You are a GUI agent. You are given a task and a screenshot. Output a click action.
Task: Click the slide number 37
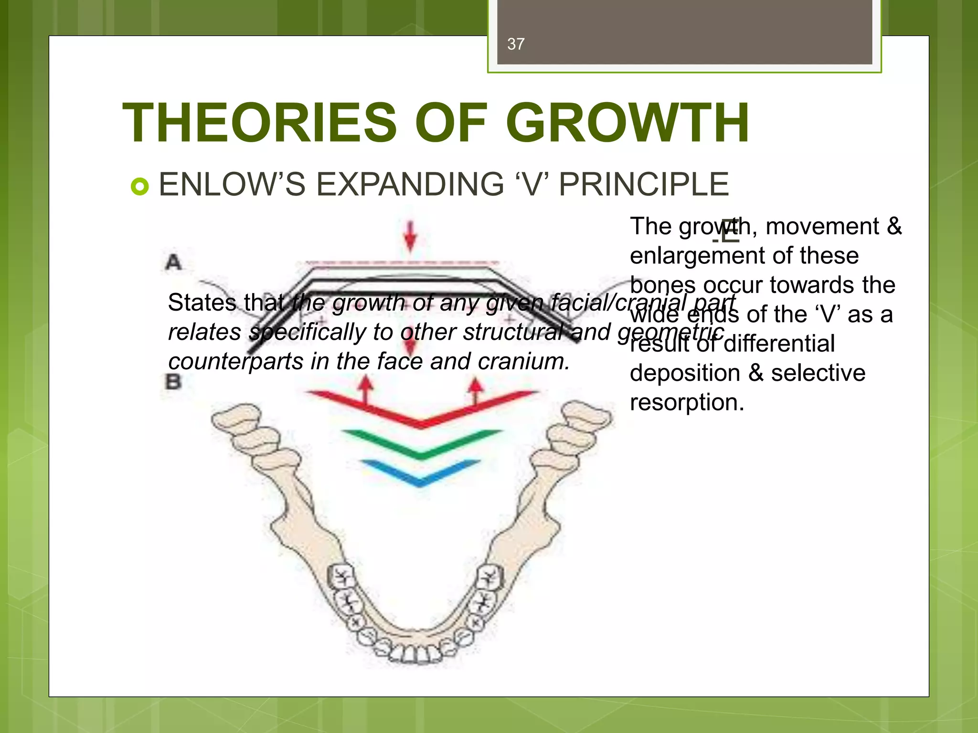coord(516,44)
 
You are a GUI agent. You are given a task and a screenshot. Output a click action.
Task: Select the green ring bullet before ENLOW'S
coord(139,186)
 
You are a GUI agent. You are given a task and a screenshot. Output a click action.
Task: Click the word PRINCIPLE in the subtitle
coord(644,184)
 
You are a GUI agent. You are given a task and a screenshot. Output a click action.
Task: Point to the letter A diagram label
coord(173,262)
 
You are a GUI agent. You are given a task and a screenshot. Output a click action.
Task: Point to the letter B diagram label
coord(173,382)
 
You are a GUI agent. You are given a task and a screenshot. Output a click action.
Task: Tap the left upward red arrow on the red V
coord(366,389)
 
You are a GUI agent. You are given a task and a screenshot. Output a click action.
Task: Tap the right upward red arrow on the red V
coord(475,389)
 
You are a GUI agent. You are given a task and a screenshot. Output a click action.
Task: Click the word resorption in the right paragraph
coord(686,402)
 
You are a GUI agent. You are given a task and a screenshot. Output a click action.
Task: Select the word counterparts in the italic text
coord(235,361)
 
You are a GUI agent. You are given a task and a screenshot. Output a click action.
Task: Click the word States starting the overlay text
coord(202,303)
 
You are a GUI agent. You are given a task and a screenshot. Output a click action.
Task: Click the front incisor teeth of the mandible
coord(414,654)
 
